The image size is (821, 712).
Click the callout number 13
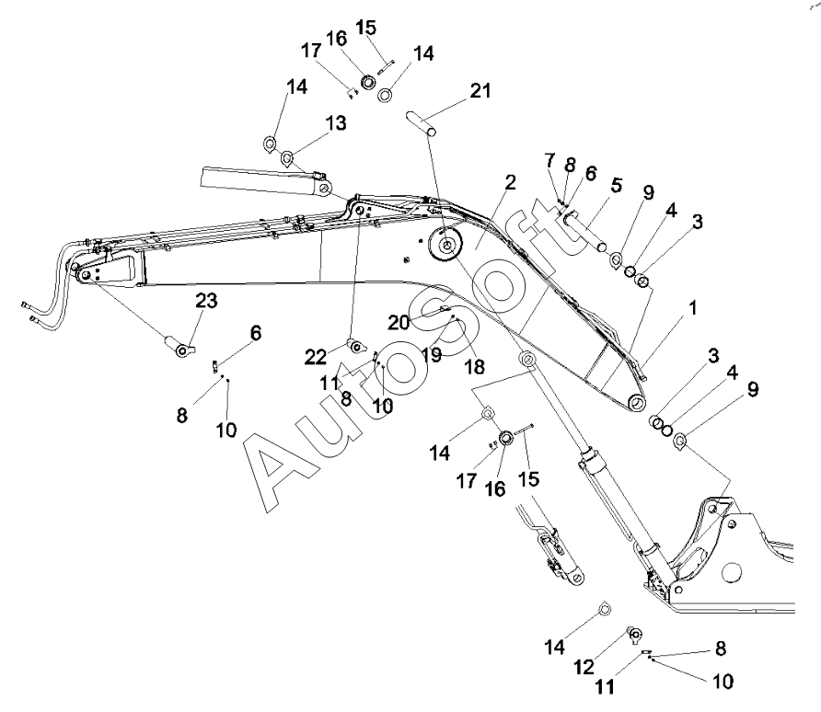point(310,123)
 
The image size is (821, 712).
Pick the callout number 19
point(432,353)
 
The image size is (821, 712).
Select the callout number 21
point(480,91)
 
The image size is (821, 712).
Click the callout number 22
point(315,356)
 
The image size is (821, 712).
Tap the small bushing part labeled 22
point(352,346)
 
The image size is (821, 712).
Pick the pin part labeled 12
point(634,635)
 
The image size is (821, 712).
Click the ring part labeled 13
point(287,157)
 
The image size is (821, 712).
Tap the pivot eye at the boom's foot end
point(636,402)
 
